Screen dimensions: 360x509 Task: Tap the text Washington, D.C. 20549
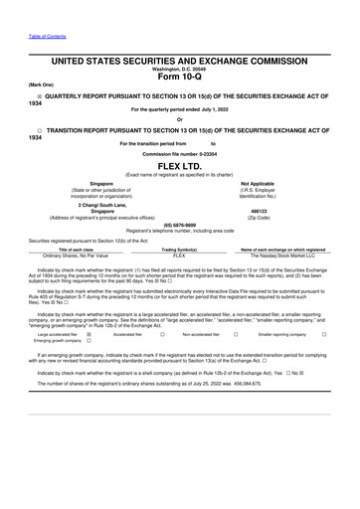pyautogui.click(x=179, y=70)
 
